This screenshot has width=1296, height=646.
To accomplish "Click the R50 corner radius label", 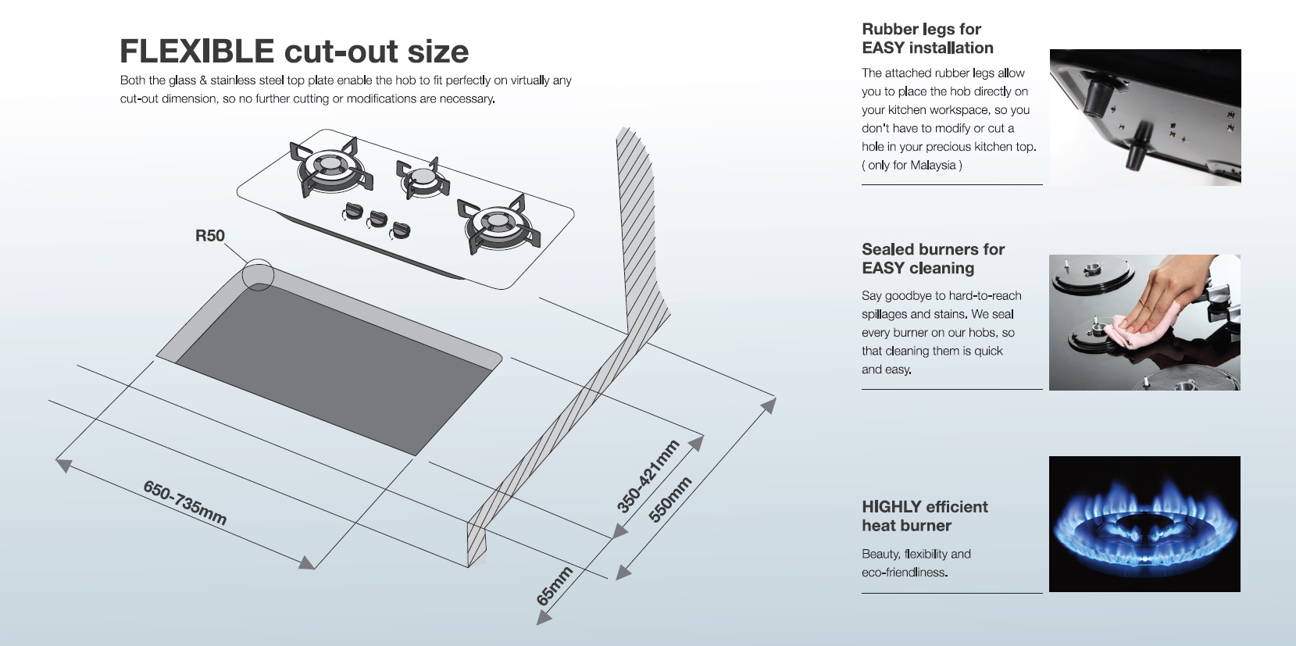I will [209, 236].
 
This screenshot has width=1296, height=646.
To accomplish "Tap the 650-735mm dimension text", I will [185, 503].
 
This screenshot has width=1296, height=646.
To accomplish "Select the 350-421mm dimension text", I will [648, 476].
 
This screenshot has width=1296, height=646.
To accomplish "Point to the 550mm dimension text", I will [670, 499].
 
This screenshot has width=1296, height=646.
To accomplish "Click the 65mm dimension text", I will [555, 586].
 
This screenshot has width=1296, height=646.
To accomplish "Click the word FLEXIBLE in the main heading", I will [197, 52].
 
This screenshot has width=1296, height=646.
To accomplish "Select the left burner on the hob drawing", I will [327, 166].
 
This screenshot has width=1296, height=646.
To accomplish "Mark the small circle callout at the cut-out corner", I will [258, 276].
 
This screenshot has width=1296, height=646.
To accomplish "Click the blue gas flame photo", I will [1144, 524].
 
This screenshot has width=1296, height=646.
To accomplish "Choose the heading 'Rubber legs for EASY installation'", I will [927, 38].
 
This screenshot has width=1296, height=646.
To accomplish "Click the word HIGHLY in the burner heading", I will [891, 507].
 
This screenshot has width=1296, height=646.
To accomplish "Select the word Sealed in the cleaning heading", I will [887, 249].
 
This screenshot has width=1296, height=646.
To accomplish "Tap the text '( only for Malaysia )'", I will [912, 166].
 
